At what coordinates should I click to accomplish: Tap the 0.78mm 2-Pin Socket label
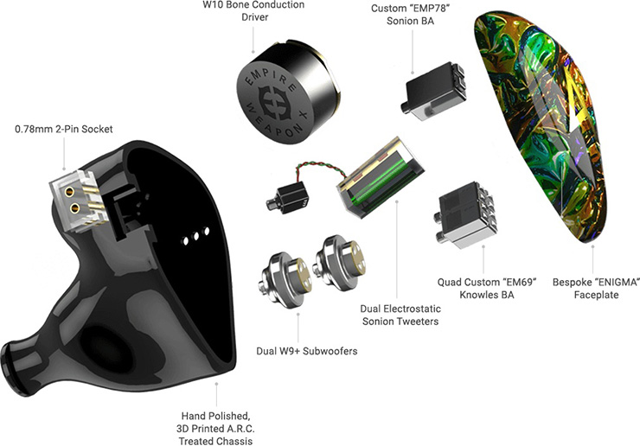click(x=64, y=130)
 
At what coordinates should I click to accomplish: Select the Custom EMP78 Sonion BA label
click(x=412, y=16)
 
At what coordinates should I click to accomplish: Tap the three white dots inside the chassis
click(x=197, y=233)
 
